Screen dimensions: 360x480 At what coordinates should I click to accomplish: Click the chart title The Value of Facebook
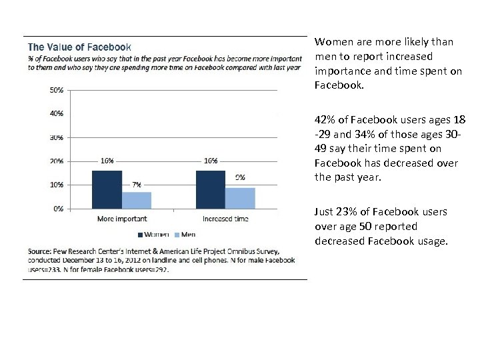pos(79,47)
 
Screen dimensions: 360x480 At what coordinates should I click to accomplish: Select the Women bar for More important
pos(107,189)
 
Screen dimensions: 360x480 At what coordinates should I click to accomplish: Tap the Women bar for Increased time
pos(210,189)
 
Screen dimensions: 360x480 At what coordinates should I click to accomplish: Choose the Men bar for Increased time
pos(240,198)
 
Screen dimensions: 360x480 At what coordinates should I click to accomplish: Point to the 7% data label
pos(136,184)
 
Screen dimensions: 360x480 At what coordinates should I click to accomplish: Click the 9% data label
pos(240,177)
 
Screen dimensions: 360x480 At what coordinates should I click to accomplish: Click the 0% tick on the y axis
pos(59,209)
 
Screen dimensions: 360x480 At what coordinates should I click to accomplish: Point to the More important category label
pos(122,219)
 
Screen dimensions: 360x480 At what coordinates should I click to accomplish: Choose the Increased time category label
pos(225,219)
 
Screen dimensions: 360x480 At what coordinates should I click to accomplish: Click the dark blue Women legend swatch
pos(141,234)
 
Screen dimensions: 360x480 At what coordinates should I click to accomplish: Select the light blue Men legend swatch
pos(177,234)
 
